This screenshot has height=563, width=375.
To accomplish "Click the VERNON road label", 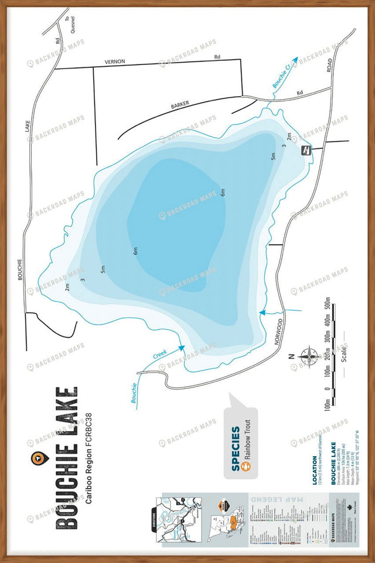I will (x=115, y=62).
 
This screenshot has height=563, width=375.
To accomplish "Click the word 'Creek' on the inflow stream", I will (x=160, y=355).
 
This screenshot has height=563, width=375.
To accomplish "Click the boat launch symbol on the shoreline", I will (x=305, y=151).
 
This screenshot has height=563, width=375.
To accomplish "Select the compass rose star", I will (x=307, y=356).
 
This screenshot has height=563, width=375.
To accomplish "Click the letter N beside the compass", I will (x=289, y=356).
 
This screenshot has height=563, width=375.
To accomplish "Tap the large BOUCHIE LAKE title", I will (x=66, y=457).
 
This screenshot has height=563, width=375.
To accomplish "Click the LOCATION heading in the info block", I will (x=314, y=470).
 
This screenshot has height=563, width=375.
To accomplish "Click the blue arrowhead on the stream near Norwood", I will (x=262, y=313).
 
